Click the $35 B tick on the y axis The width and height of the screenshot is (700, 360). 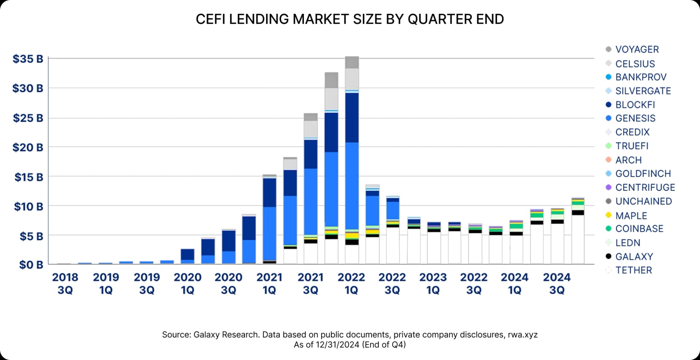[x=28, y=59]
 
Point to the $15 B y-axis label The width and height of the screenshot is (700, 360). [x=28, y=177]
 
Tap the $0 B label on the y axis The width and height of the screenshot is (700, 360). [x=31, y=265]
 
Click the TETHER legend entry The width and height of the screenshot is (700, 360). [x=633, y=270]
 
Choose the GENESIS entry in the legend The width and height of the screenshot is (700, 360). [x=635, y=118]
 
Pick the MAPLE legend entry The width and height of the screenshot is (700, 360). [x=631, y=215]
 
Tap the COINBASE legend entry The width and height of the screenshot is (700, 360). [x=639, y=228]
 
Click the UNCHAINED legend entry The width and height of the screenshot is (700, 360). [x=643, y=201]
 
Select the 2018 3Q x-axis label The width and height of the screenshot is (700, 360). [x=65, y=283]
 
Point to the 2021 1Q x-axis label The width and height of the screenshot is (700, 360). [x=269, y=283]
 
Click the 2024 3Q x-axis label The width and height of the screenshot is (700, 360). [x=556, y=283]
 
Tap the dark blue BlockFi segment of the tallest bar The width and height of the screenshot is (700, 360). [x=352, y=117]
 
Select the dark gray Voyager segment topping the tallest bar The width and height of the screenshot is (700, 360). [x=352, y=62]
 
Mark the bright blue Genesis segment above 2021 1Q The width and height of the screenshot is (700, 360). [x=269, y=233]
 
